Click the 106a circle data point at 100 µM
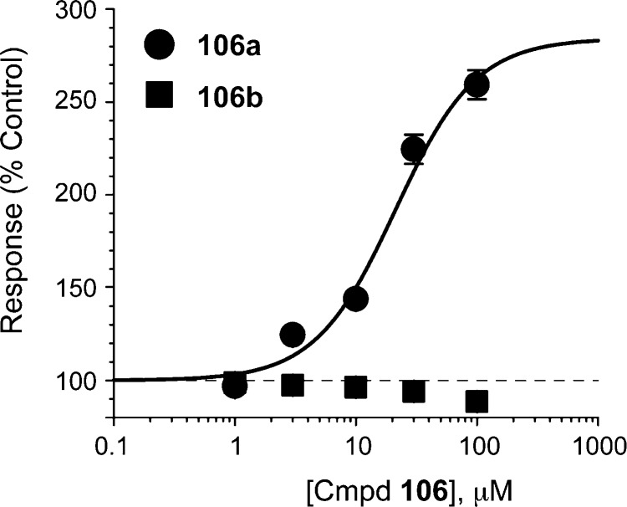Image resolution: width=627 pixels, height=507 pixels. (x=477, y=84)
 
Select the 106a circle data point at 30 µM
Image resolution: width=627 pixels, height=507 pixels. (x=414, y=149)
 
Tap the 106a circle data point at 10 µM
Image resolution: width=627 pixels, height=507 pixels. (x=356, y=299)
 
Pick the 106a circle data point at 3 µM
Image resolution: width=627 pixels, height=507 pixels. (x=293, y=335)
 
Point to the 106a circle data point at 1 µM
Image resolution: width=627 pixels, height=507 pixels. (x=235, y=386)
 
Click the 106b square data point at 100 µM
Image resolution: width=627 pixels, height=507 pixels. (x=477, y=402)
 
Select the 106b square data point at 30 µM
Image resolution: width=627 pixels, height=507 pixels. (x=414, y=392)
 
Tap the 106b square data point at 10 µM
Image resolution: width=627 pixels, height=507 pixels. (x=356, y=387)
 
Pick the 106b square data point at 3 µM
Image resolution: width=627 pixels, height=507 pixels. (x=293, y=385)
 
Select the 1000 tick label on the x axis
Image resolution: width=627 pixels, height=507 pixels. (x=597, y=447)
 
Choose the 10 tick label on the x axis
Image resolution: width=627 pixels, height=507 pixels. (x=356, y=447)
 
